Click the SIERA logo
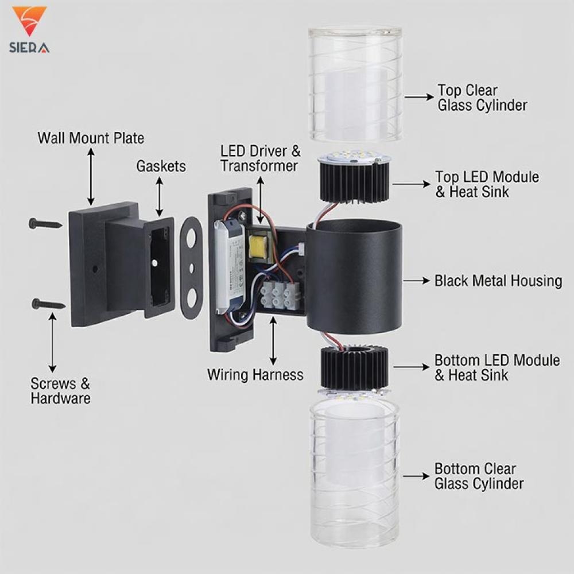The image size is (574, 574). pyautogui.click(x=29, y=30)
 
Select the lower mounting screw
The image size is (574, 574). pyautogui.click(x=48, y=304)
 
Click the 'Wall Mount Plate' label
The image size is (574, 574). pyautogui.click(x=91, y=138)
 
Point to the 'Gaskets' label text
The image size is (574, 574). pyautogui.click(x=161, y=166)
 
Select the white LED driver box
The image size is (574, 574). pyautogui.click(x=230, y=266)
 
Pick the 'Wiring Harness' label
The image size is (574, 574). pyautogui.click(x=255, y=374)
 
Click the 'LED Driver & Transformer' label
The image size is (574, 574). pyautogui.click(x=260, y=158)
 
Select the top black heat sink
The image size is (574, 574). pyautogui.click(x=354, y=181)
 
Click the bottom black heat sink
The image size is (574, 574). pyautogui.click(x=354, y=368)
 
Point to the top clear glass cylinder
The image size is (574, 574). pyautogui.click(x=355, y=84)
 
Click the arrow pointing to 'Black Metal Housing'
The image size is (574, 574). pyautogui.click(x=417, y=281)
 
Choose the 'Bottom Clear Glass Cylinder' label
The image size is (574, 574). pyautogui.click(x=479, y=476)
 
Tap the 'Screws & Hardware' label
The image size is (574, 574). pyautogui.click(x=60, y=390)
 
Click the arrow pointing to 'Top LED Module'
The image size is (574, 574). pyautogui.click(x=411, y=184)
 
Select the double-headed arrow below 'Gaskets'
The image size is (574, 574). pyautogui.click(x=159, y=196)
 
